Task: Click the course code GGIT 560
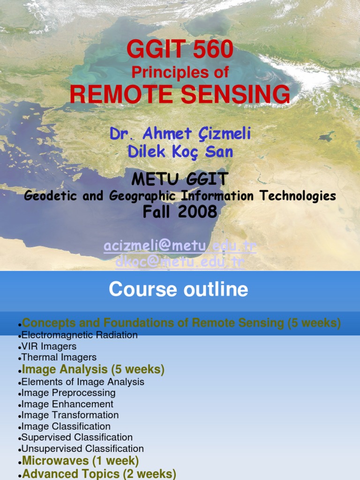[180, 50]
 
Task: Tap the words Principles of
[180, 72]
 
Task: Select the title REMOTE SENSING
[180, 95]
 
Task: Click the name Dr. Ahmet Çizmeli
[180, 134]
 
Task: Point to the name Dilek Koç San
[180, 152]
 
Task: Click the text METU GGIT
[180, 179]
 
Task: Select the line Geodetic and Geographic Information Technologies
[180, 196]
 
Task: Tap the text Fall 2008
[180, 212]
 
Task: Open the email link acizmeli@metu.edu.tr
[180, 246]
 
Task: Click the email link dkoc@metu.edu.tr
[180, 262]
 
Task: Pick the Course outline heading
[178, 290]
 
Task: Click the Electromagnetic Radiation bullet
[80, 335]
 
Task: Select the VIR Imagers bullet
[49, 346]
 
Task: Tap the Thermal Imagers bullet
[59, 358]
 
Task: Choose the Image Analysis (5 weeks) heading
[93, 370]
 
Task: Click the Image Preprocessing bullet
[68, 393]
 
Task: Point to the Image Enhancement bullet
[67, 404]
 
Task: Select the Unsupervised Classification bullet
[82, 449]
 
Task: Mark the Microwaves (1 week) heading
[80, 460]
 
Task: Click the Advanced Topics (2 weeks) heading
[99, 474]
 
